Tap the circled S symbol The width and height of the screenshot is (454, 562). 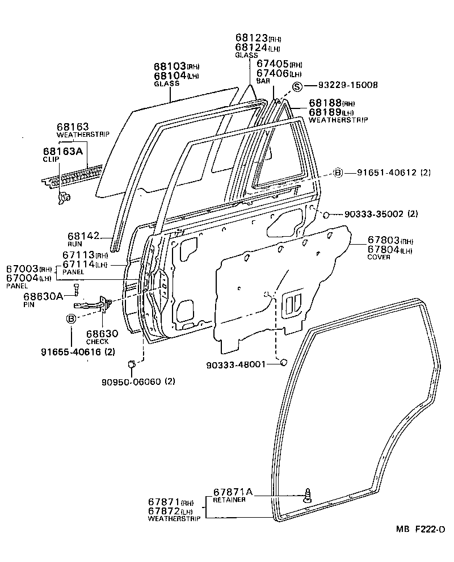click(297, 86)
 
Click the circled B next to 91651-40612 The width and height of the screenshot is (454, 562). click(338, 173)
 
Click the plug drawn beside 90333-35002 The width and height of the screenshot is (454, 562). click(327, 215)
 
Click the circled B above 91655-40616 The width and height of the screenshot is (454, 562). click(72, 318)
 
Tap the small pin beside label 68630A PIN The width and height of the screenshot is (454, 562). click(76, 291)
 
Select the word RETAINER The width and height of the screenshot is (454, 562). click(229, 500)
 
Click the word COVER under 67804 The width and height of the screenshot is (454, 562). click(379, 257)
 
